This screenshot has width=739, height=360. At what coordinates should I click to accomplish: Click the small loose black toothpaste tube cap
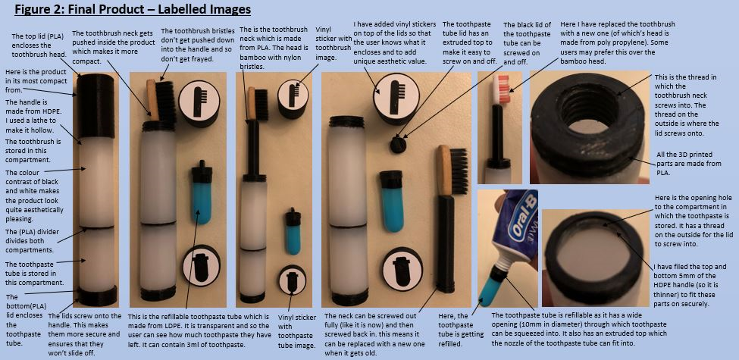[398, 145]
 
